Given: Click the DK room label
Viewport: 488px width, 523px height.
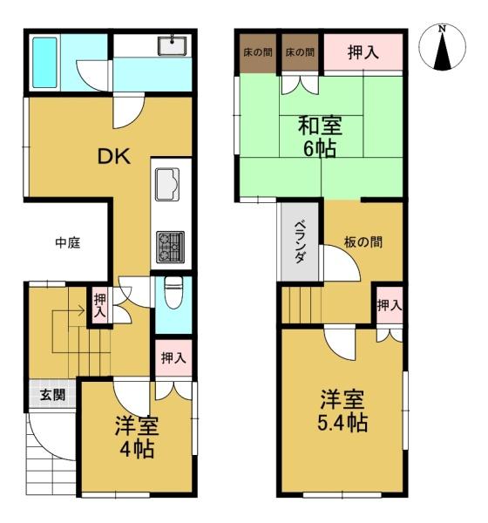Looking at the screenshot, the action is pos(114,156).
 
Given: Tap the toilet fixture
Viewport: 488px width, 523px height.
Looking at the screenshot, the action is pos(173,293).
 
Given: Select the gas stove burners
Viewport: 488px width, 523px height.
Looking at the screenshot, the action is pos(171,247).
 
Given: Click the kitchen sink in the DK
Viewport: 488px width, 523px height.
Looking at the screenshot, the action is pos(167,184).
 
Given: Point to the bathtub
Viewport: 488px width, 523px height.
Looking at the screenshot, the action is pos(44,63).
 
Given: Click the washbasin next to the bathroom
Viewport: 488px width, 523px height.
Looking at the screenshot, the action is pos(173,45).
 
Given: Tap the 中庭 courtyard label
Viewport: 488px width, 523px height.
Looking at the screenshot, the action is pos(68,242).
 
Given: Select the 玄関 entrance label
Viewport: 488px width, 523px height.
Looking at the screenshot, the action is pos(52,395).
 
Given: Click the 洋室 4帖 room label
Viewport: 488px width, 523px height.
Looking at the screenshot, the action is pos(137,438).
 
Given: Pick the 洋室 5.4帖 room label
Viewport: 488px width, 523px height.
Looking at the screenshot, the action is pos(342,411).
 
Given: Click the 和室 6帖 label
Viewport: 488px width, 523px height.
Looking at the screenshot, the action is pos(320,137).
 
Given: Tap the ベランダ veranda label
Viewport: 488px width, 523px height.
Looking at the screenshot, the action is pos(300,241).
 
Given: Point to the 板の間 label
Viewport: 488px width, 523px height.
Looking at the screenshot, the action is pos(363,241).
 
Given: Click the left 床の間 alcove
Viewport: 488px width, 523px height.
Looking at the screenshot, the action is pos(258,52).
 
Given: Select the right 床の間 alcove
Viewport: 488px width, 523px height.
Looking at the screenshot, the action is pos(300,52).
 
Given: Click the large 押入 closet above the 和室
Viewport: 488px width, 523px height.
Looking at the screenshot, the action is pos(363,52).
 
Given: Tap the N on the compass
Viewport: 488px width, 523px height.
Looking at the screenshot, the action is pos(443,29).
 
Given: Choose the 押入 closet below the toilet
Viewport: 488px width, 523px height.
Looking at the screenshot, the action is pos(173,358).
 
